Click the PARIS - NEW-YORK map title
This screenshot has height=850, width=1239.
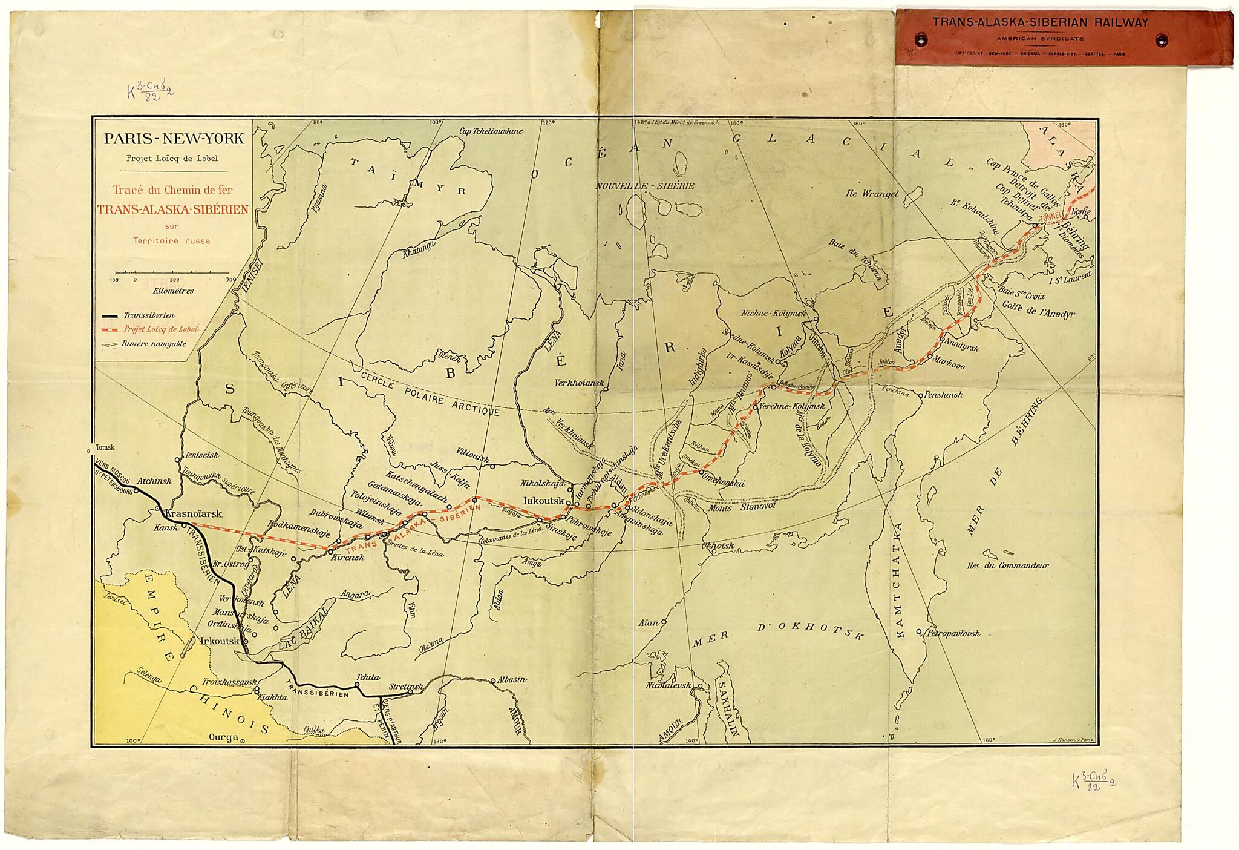click(174, 139)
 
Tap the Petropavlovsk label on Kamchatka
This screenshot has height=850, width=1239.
click(952, 634)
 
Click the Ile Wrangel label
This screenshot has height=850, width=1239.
click(872, 194)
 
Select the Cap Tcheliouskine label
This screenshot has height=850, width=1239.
click(491, 130)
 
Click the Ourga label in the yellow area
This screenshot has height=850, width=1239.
click(222, 739)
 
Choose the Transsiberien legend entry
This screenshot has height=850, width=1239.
click(149, 315)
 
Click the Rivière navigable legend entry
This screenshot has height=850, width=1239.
click(154, 344)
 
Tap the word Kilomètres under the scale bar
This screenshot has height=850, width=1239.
click(174, 291)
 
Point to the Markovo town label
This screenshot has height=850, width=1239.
click(949, 366)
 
